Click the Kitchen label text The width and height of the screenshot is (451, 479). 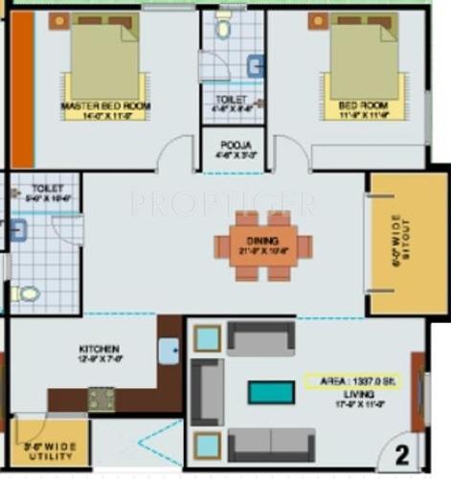(100, 349)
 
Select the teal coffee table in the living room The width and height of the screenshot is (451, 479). (272, 392)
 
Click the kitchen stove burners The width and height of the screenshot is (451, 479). (101, 399)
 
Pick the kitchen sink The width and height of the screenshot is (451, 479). (169, 352)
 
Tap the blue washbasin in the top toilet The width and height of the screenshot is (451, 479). (256, 65)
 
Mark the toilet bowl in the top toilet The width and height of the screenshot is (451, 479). (223, 29)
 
